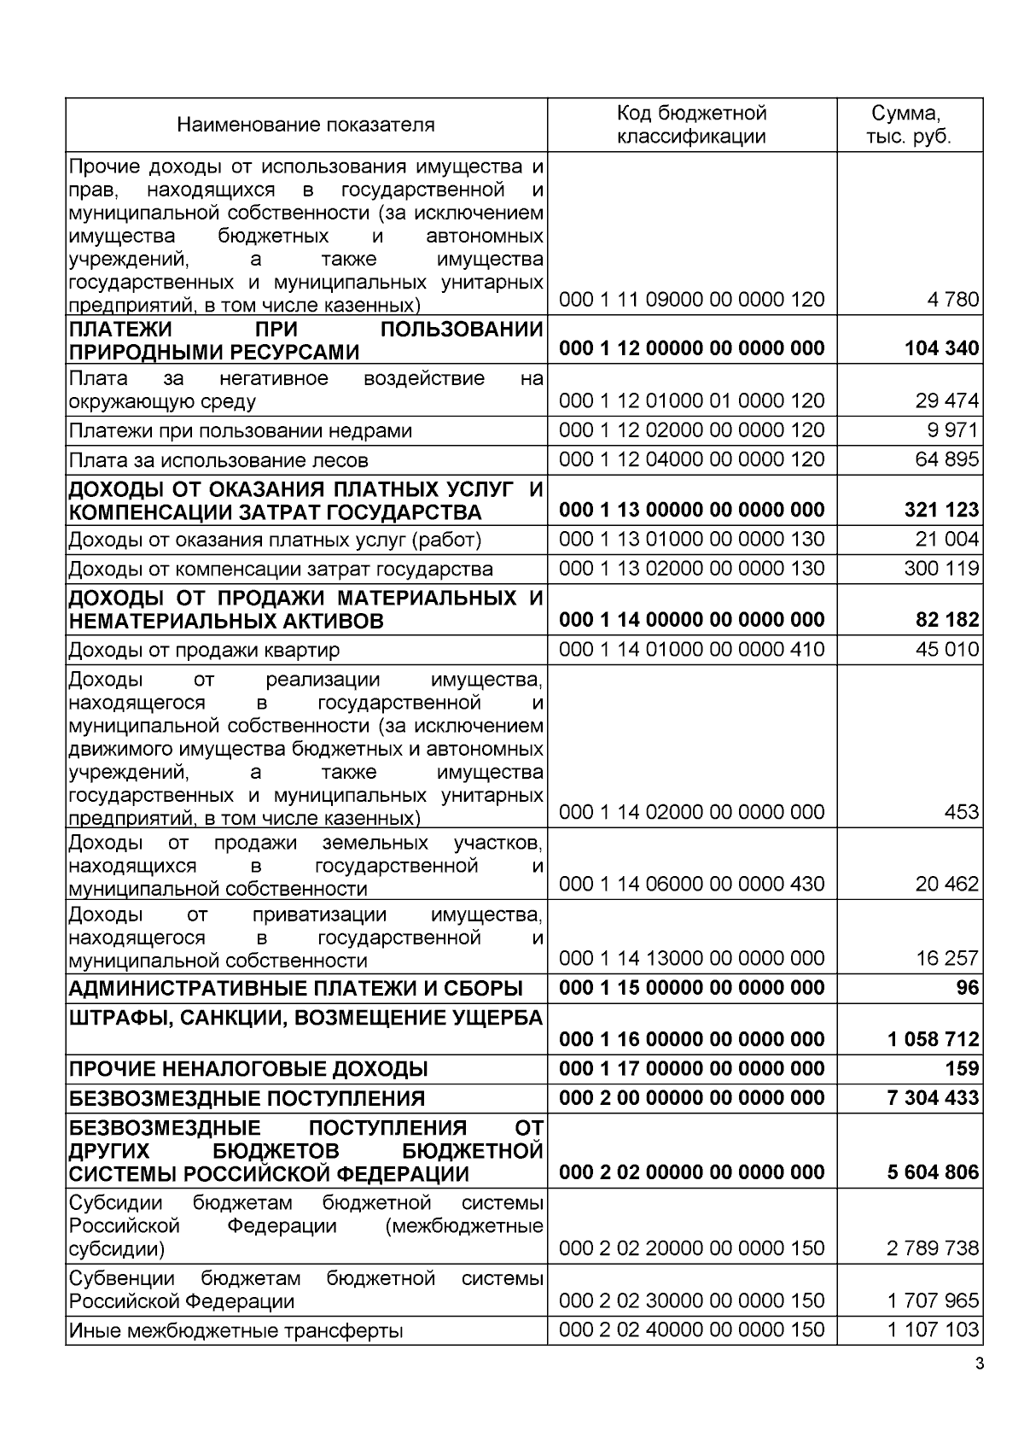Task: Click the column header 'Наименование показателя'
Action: [305, 126]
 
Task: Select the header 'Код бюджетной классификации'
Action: [691, 126]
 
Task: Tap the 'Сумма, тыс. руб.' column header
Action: [909, 126]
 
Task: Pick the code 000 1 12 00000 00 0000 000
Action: [691, 348]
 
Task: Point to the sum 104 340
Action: [941, 348]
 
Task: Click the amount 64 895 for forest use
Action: [947, 460]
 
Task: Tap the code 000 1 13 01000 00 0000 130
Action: [691, 540]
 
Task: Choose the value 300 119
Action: [941, 569]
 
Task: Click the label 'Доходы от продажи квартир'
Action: [204, 651]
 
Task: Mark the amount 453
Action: [962, 812]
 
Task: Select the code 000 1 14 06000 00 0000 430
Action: [691, 884]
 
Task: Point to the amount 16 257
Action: [947, 958]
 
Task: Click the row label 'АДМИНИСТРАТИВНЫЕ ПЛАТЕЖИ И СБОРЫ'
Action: [295, 989]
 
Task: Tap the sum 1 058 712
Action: [934, 1039]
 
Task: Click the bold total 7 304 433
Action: [934, 1098]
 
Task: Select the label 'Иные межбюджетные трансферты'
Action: [236, 1331]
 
